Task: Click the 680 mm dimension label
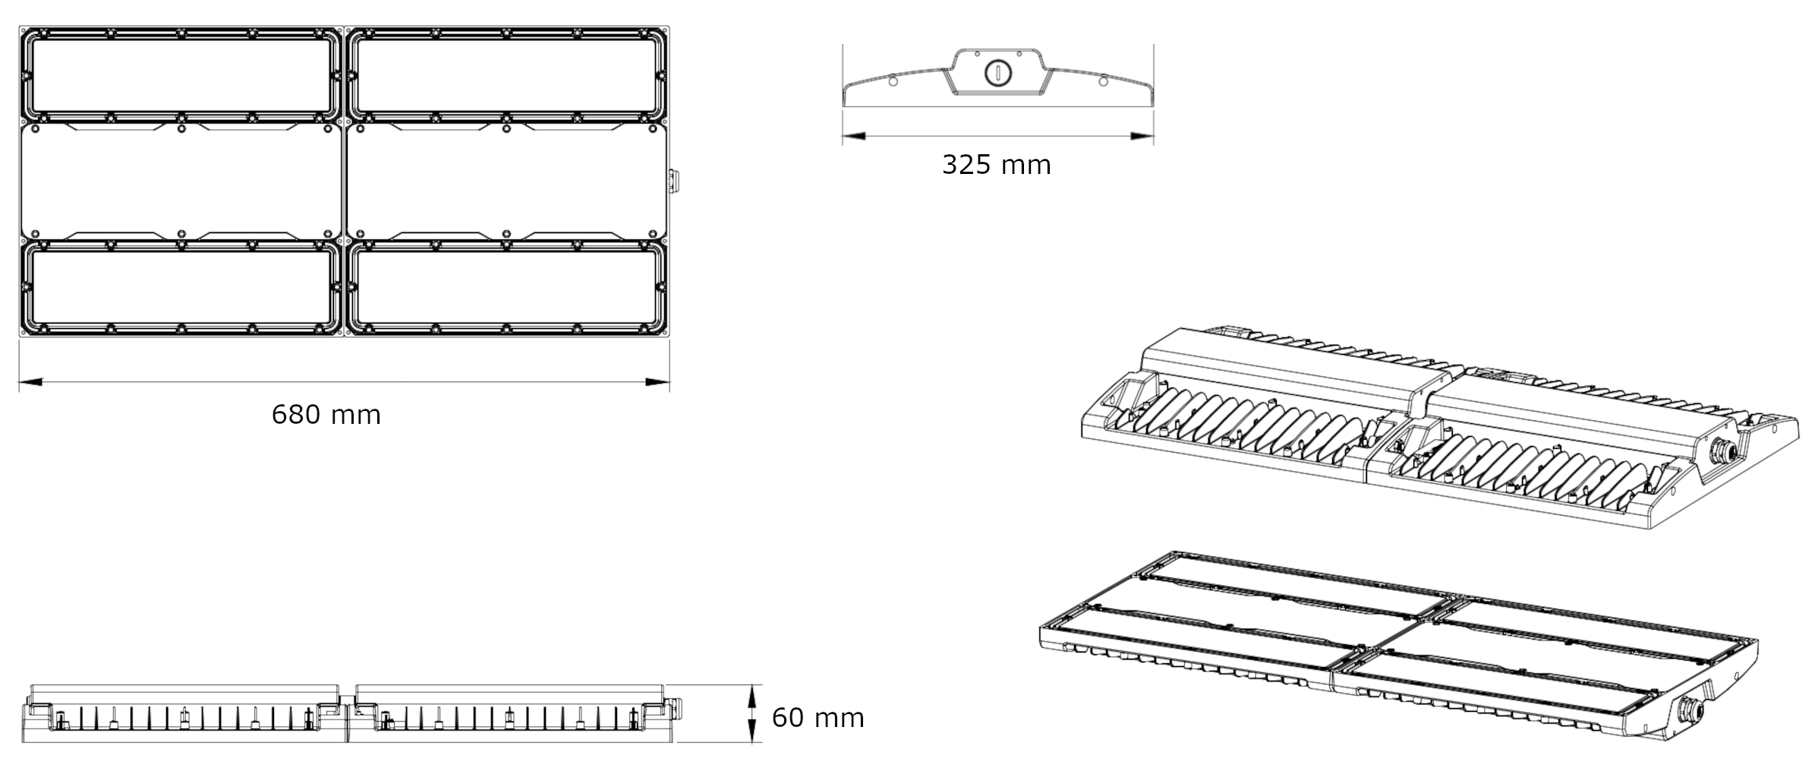[326, 415]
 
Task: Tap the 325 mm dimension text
[996, 165]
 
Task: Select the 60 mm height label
[818, 718]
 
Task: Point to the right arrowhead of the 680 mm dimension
[657, 381]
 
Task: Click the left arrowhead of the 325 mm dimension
[854, 137]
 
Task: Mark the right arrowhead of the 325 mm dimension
[1142, 137]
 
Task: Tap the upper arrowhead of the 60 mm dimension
[752, 696]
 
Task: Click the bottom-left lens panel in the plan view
[181, 287]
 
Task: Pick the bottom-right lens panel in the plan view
[506, 287]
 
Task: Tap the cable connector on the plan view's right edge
[673, 181]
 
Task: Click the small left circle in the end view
[892, 81]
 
